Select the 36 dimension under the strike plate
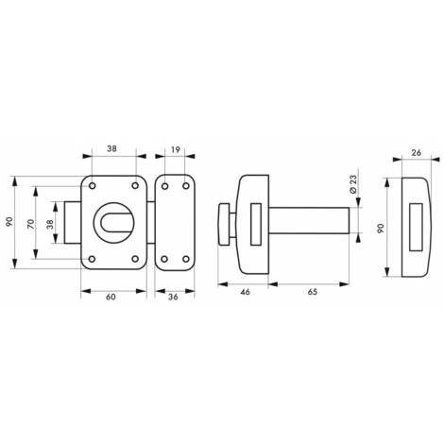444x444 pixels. coord(173,298)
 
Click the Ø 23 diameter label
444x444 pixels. coord(352,185)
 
